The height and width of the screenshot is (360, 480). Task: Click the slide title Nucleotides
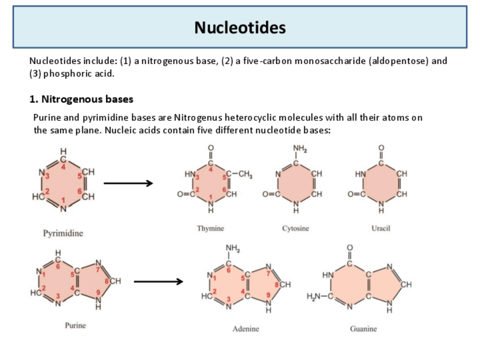pyautogui.click(x=240, y=27)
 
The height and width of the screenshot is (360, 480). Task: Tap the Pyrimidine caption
pyautogui.click(x=63, y=233)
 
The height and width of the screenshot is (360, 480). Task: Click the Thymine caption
pyautogui.click(x=211, y=228)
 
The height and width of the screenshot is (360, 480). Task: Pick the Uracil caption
pyautogui.click(x=382, y=228)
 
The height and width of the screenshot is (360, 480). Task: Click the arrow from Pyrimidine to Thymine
pyautogui.click(x=128, y=183)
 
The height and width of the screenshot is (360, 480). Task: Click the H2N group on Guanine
pyautogui.click(x=315, y=298)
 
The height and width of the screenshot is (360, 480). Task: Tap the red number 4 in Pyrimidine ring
pyautogui.click(x=64, y=166)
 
